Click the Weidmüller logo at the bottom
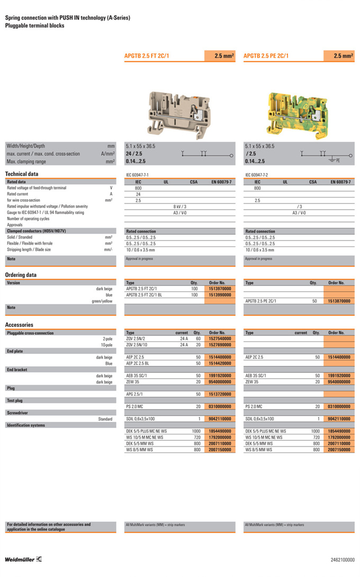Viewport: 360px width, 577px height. [23, 560]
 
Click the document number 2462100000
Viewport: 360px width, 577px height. [343, 560]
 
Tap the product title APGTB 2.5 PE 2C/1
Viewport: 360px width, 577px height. [266, 56]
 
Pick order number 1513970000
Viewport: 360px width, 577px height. [220, 289]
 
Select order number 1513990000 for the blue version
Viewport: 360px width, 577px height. [220, 295]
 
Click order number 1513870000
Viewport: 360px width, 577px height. [339, 301]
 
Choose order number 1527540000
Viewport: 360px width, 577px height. [220, 339]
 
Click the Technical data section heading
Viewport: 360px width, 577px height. [21, 174]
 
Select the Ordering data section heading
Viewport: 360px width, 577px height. [21, 275]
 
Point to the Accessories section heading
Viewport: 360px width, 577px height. [19, 325]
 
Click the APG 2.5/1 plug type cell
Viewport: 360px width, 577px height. [137, 394]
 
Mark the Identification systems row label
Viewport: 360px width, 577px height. [26, 425]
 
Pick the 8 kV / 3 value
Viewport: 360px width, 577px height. [180, 206]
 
